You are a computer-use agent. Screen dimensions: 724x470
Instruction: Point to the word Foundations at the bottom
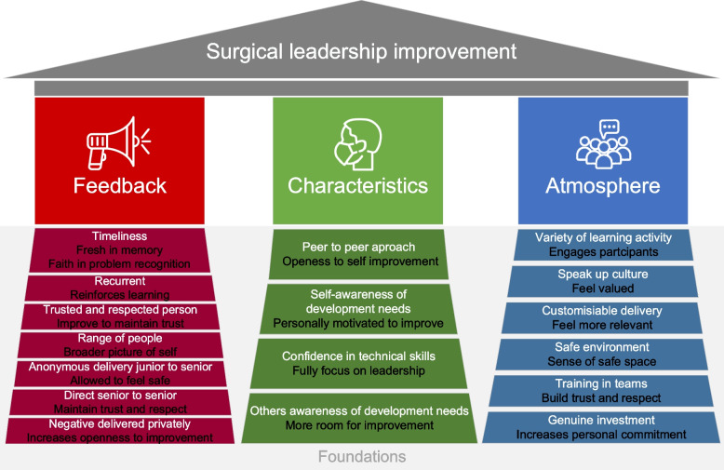tap(361, 457)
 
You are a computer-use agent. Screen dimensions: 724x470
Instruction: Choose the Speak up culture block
tap(602, 281)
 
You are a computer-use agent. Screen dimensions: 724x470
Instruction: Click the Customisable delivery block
tap(602, 317)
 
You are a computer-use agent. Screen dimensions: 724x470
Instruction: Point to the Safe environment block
tap(602, 355)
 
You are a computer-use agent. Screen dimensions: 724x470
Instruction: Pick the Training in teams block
tap(602, 390)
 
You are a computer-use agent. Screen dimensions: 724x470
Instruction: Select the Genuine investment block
tap(602, 427)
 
